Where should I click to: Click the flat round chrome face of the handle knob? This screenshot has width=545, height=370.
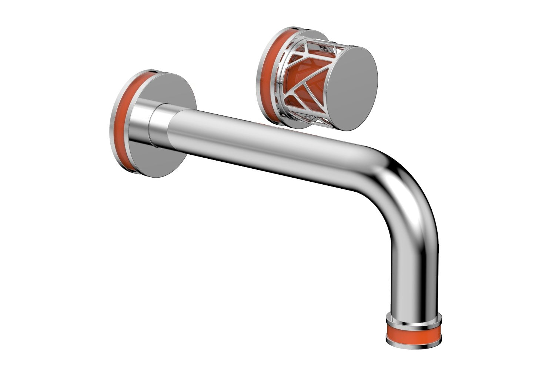pyautogui.click(x=354, y=88)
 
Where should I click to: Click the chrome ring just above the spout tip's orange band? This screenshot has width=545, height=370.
pyautogui.click(x=414, y=319)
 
